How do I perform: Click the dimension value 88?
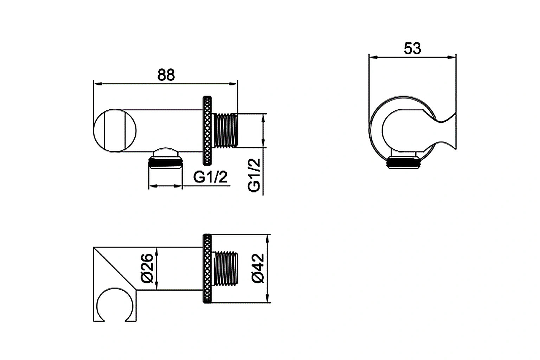pyautogui.click(x=166, y=75)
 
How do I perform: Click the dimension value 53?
pyautogui.click(x=412, y=49)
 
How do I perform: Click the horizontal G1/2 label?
pyautogui.click(x=210, y=178)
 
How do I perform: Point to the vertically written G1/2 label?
pyautogui.click(x=254, y=175)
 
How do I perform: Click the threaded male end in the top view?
pyautogui.click(x=226, y=130)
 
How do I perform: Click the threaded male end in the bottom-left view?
pyautogui.click(x=226, y=268)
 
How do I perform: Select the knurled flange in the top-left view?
pyautogui.click(x=208, y=130)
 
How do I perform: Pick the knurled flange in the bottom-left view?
pyautogui.click(x=208, y=268)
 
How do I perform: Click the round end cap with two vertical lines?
pyautogui.click(x=115, y=130)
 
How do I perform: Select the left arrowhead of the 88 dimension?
pyautogui.click(x=97, y=84)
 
